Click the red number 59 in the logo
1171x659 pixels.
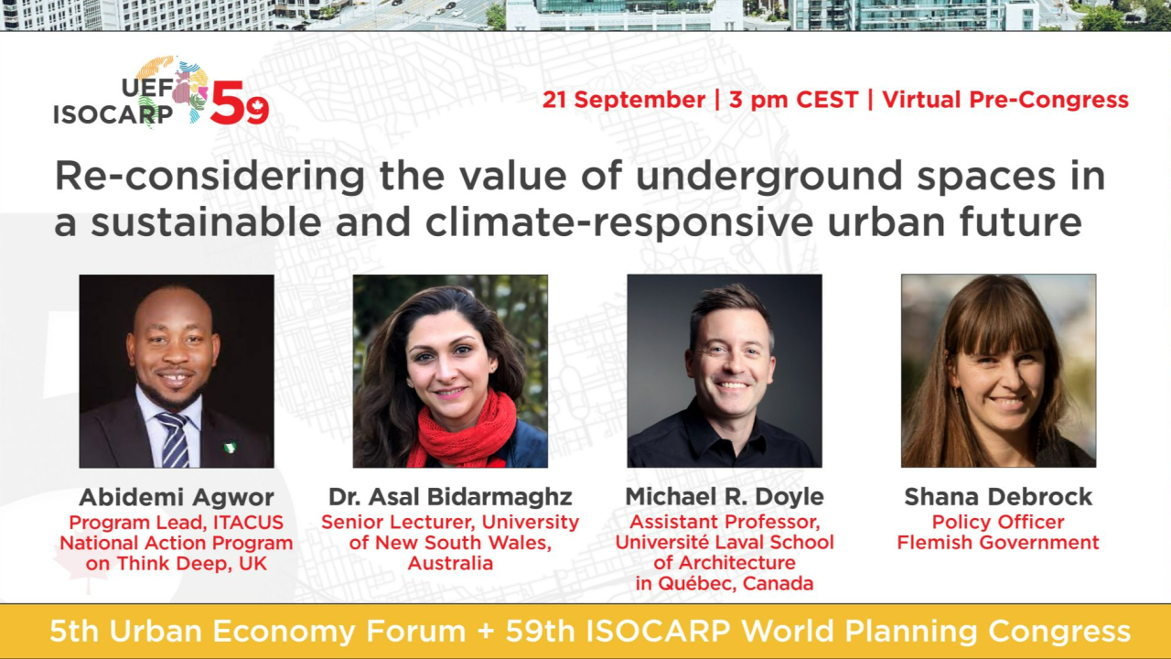[x=240, y=103]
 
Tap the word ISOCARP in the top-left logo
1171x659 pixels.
[x=113, y=114]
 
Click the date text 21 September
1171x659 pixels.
[x=624, y=100]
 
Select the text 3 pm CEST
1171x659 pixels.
[x=793, y=100]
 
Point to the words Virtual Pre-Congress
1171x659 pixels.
[x=1005, y=100]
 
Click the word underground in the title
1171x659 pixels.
[x=769, y=177]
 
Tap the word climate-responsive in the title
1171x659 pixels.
[x=619, y=222]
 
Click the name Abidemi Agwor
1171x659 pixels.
[x=177, y=497]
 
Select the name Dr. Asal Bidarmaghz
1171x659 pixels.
[x=450, y=497]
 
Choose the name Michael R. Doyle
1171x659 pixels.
[x=725, y=496]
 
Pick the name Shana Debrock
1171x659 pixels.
[x=998, y=496]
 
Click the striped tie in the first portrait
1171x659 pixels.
[x=174, y=439]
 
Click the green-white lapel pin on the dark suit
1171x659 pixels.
[x=230, y=448]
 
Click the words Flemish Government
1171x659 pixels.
[x=998, y=543]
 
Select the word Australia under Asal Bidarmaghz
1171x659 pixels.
[x=450, y=563]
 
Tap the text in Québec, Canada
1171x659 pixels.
[x=725, y=583]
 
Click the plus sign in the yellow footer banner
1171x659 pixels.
[x=485, y=632]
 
